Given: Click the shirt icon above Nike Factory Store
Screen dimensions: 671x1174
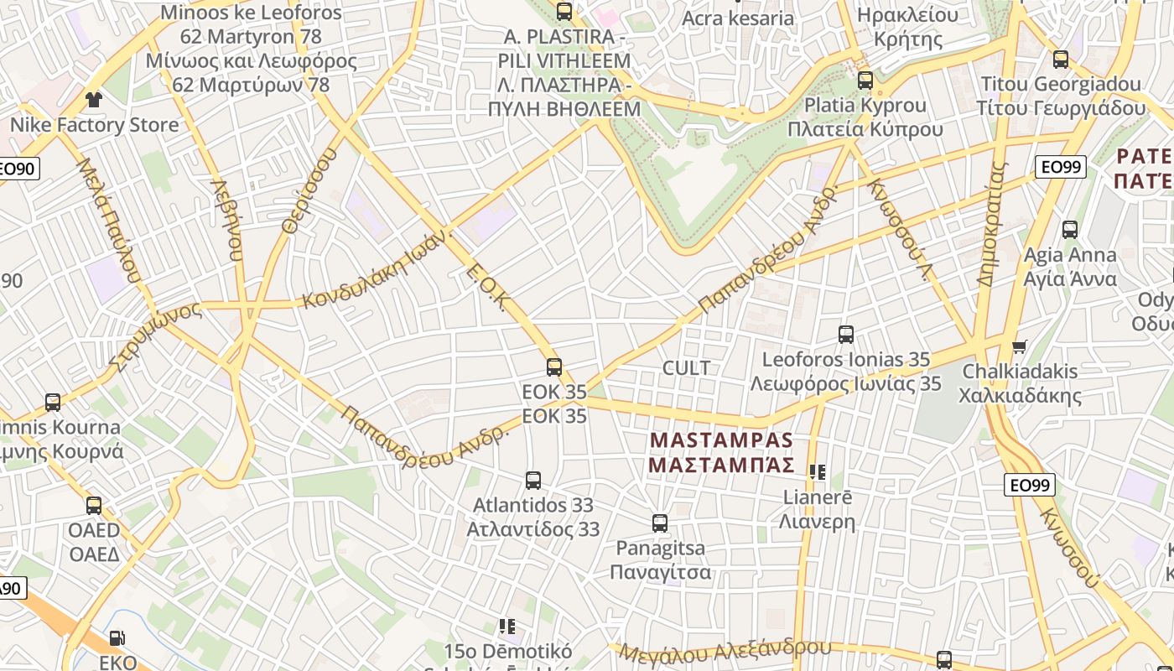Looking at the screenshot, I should coord(93,100).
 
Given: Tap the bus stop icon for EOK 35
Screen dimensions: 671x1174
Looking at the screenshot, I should coord(553,367).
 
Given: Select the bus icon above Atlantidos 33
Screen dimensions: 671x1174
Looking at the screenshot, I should coord(532,481).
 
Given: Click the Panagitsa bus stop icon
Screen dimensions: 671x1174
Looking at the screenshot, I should coord(660,523).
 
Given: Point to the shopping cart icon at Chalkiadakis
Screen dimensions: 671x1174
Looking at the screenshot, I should coord(1020,346).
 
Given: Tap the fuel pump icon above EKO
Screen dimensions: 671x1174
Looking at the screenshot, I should coord(117,639).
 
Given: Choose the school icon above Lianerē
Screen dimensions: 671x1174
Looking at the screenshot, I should coord(818,472).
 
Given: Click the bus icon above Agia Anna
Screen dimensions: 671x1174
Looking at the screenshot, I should coord(1069,230).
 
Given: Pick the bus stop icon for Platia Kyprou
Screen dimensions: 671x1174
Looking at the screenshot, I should coord(865,81).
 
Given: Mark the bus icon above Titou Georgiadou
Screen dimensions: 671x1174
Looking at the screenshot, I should coord(1061,60).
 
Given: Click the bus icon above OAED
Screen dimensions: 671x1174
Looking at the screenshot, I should coord(94,506).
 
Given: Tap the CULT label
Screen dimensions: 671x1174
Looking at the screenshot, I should coord(686,368).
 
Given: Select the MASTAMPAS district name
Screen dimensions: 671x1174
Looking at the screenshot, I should coord(721,440).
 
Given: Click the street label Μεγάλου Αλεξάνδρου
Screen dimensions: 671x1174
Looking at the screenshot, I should coord(725,651).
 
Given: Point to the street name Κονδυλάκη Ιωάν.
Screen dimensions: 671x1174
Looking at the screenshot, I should coord(375,271).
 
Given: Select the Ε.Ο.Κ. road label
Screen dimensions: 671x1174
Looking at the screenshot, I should coord(486,287).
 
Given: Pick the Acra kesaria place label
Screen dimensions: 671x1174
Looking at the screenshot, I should coord(738,18).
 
